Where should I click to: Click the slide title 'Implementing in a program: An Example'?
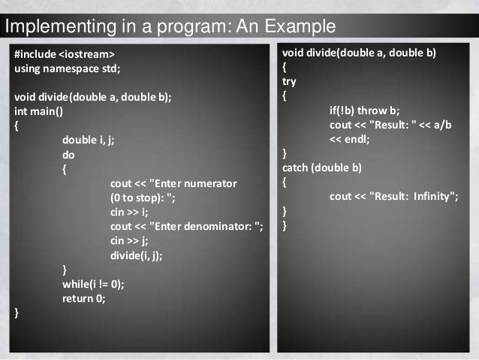170,29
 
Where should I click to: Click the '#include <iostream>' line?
65,55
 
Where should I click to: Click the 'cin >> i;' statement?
129,212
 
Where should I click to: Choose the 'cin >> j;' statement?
129,241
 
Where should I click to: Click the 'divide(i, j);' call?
136,255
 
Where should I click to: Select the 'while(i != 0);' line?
93,283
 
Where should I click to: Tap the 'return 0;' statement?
84,298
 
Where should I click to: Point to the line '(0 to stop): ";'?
143,198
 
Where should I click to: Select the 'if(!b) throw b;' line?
364,110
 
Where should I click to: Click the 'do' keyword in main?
68,154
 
